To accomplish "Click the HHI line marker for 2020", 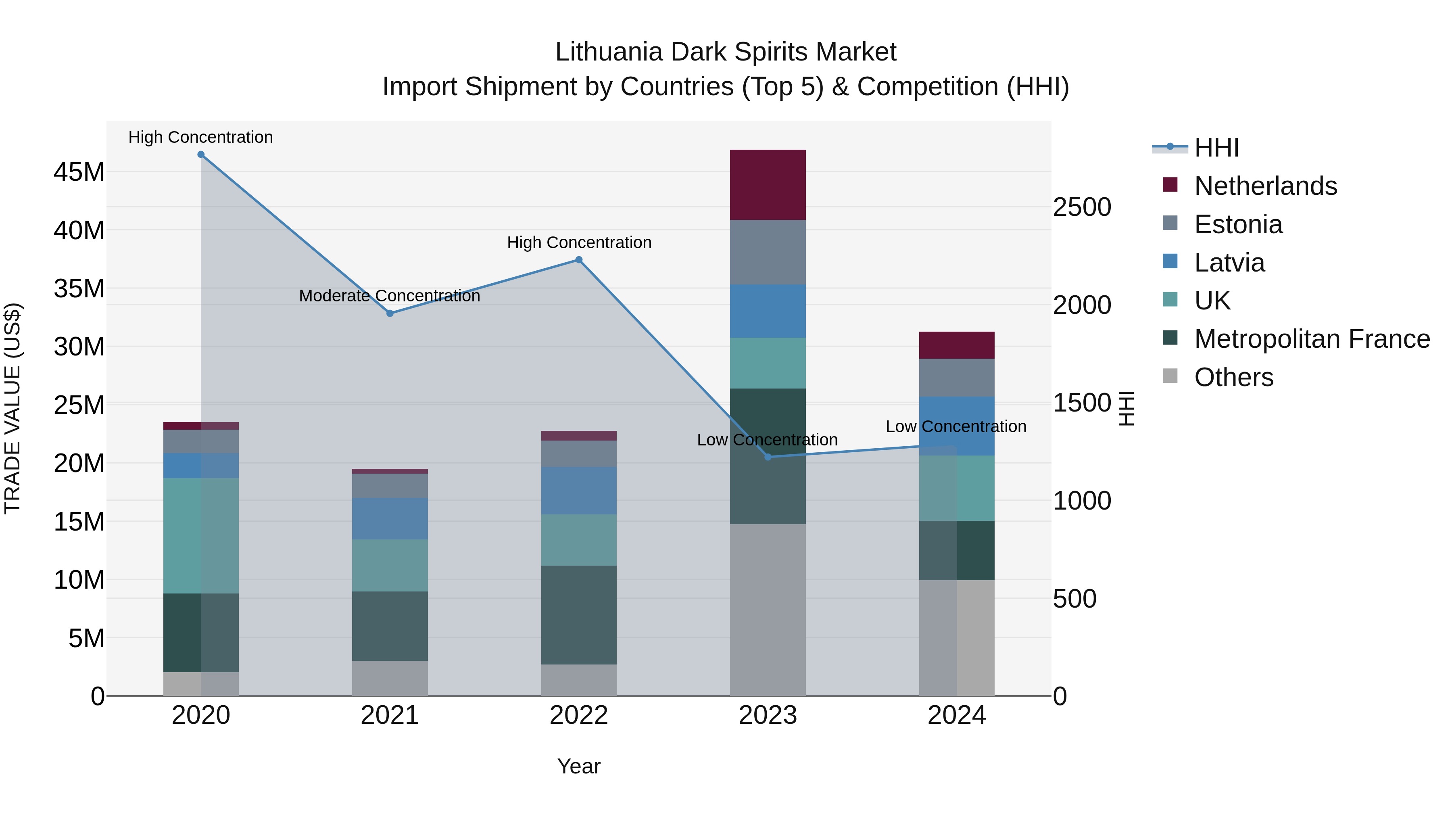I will pyautogui.click(x=201, y=155).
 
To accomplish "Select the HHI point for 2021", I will pyautogui.click(x=390, y=313).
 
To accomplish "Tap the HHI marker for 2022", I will pyautogui.click(x=578, y=260).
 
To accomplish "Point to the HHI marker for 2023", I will pyautogui.click(x=768, y=457).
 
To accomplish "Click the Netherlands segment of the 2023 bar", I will pyautogui.click(x=768, y=185).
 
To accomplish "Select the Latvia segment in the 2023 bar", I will pyautogui.click(x=768, y=311).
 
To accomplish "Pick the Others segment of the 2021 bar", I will pyautogui.click(x=390, y=678).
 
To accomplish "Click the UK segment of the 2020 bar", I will pyautogui.click(x=201, y=536).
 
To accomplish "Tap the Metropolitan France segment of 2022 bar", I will pyautogui.click(x=578, y=614).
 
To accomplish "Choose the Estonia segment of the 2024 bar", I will pyautogui.click(x=957, y=378).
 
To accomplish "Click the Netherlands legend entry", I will pyautogui.click(x=1265, y=186).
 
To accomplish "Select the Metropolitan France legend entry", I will pyautogui.click(x=1312, y=339).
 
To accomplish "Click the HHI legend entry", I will pyautogui.click(x=1216, y=148).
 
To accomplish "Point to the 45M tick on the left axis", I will pyautogui.click(x=79, y=172).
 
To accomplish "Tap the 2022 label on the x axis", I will pyautogui.click(x=578, y=715).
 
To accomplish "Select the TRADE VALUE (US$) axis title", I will pyautogui.click(x=13, y=408).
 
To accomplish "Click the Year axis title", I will pyautogui.click(x=578, y=766).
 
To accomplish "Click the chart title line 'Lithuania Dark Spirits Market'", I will pyautogui.click(x=726, y=52).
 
